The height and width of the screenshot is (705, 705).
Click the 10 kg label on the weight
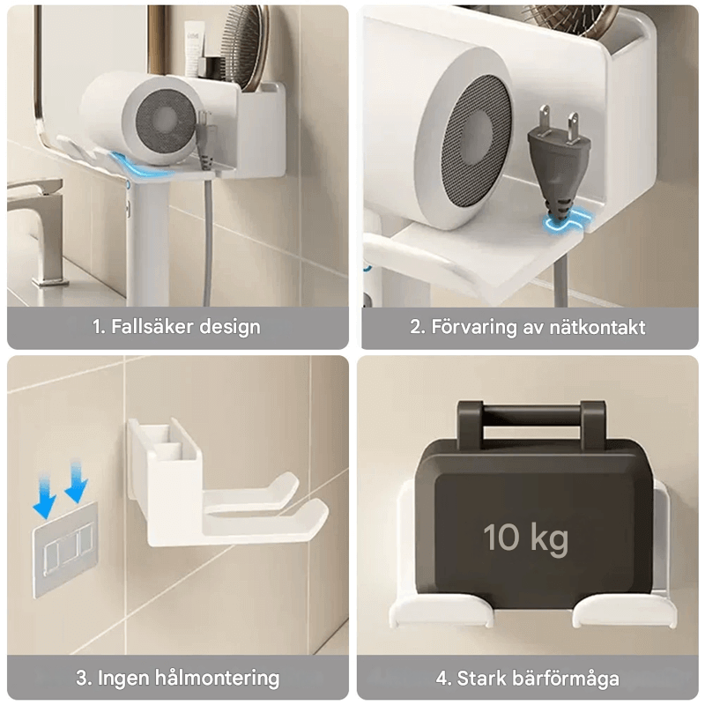click(525, 537)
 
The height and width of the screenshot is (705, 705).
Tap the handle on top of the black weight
click(531, 414)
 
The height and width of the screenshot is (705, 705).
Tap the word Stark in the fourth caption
click(480, 678)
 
